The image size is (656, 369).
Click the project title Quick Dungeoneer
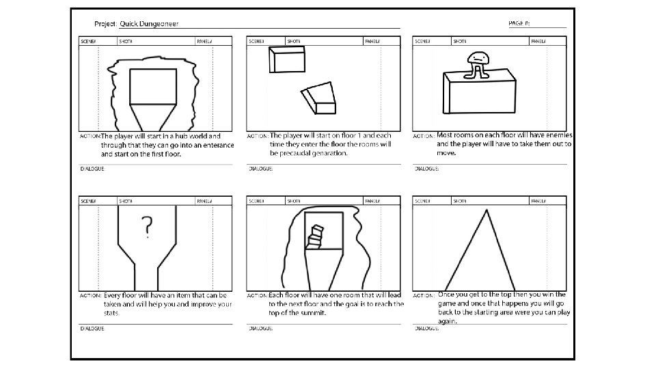[x=149, y=24]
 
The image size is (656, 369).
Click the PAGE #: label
[x=519, y=23]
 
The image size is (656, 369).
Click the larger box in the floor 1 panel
[x=286, y=59]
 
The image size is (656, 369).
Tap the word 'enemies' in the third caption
[x=555, y=135]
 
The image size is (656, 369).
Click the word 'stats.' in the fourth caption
[x=112, y=313]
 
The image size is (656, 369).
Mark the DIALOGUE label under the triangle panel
[x=426, y=328]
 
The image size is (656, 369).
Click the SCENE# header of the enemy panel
[x=423, y=41]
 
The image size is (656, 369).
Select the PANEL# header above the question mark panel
[x=204, y=202]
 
